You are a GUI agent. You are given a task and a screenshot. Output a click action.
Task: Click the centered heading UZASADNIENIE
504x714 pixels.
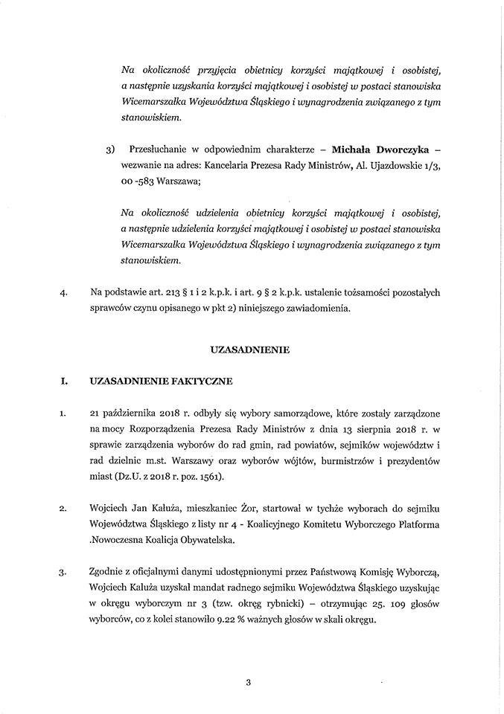click(x=252, y=348)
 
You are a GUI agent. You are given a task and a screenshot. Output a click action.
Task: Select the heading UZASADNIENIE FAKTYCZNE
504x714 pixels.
click(x=160, y=382)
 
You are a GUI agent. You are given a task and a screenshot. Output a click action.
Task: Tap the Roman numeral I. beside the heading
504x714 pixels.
click(x=64, y=382)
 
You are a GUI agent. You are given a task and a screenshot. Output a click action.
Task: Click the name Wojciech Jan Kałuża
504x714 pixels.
click(x=137, y=509)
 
